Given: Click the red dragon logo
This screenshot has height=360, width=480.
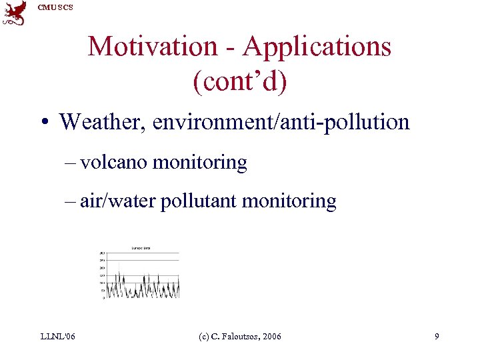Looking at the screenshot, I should click(15, 13).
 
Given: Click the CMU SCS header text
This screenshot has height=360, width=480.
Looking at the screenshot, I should click(55, 7).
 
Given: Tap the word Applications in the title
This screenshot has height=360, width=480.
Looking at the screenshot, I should click(317, 46).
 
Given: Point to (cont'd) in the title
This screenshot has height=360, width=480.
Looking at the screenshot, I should click(239, 81).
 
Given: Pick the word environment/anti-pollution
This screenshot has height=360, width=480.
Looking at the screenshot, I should click(281, 122).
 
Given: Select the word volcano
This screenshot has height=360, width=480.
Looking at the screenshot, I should click(114, 162).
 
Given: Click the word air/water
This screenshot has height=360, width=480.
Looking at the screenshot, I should click(118, 201).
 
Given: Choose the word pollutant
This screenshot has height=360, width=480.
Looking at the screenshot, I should click(199, 201).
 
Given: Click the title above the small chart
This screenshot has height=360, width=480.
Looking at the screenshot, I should click(140, 248).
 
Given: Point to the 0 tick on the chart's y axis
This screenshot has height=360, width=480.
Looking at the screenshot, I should click(103, 298).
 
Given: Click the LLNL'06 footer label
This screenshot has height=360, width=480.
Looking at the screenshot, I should click(57, 337).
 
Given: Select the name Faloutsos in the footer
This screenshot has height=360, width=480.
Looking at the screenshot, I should click(239, 337).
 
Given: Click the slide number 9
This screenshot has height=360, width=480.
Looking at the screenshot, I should click(437, 337).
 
